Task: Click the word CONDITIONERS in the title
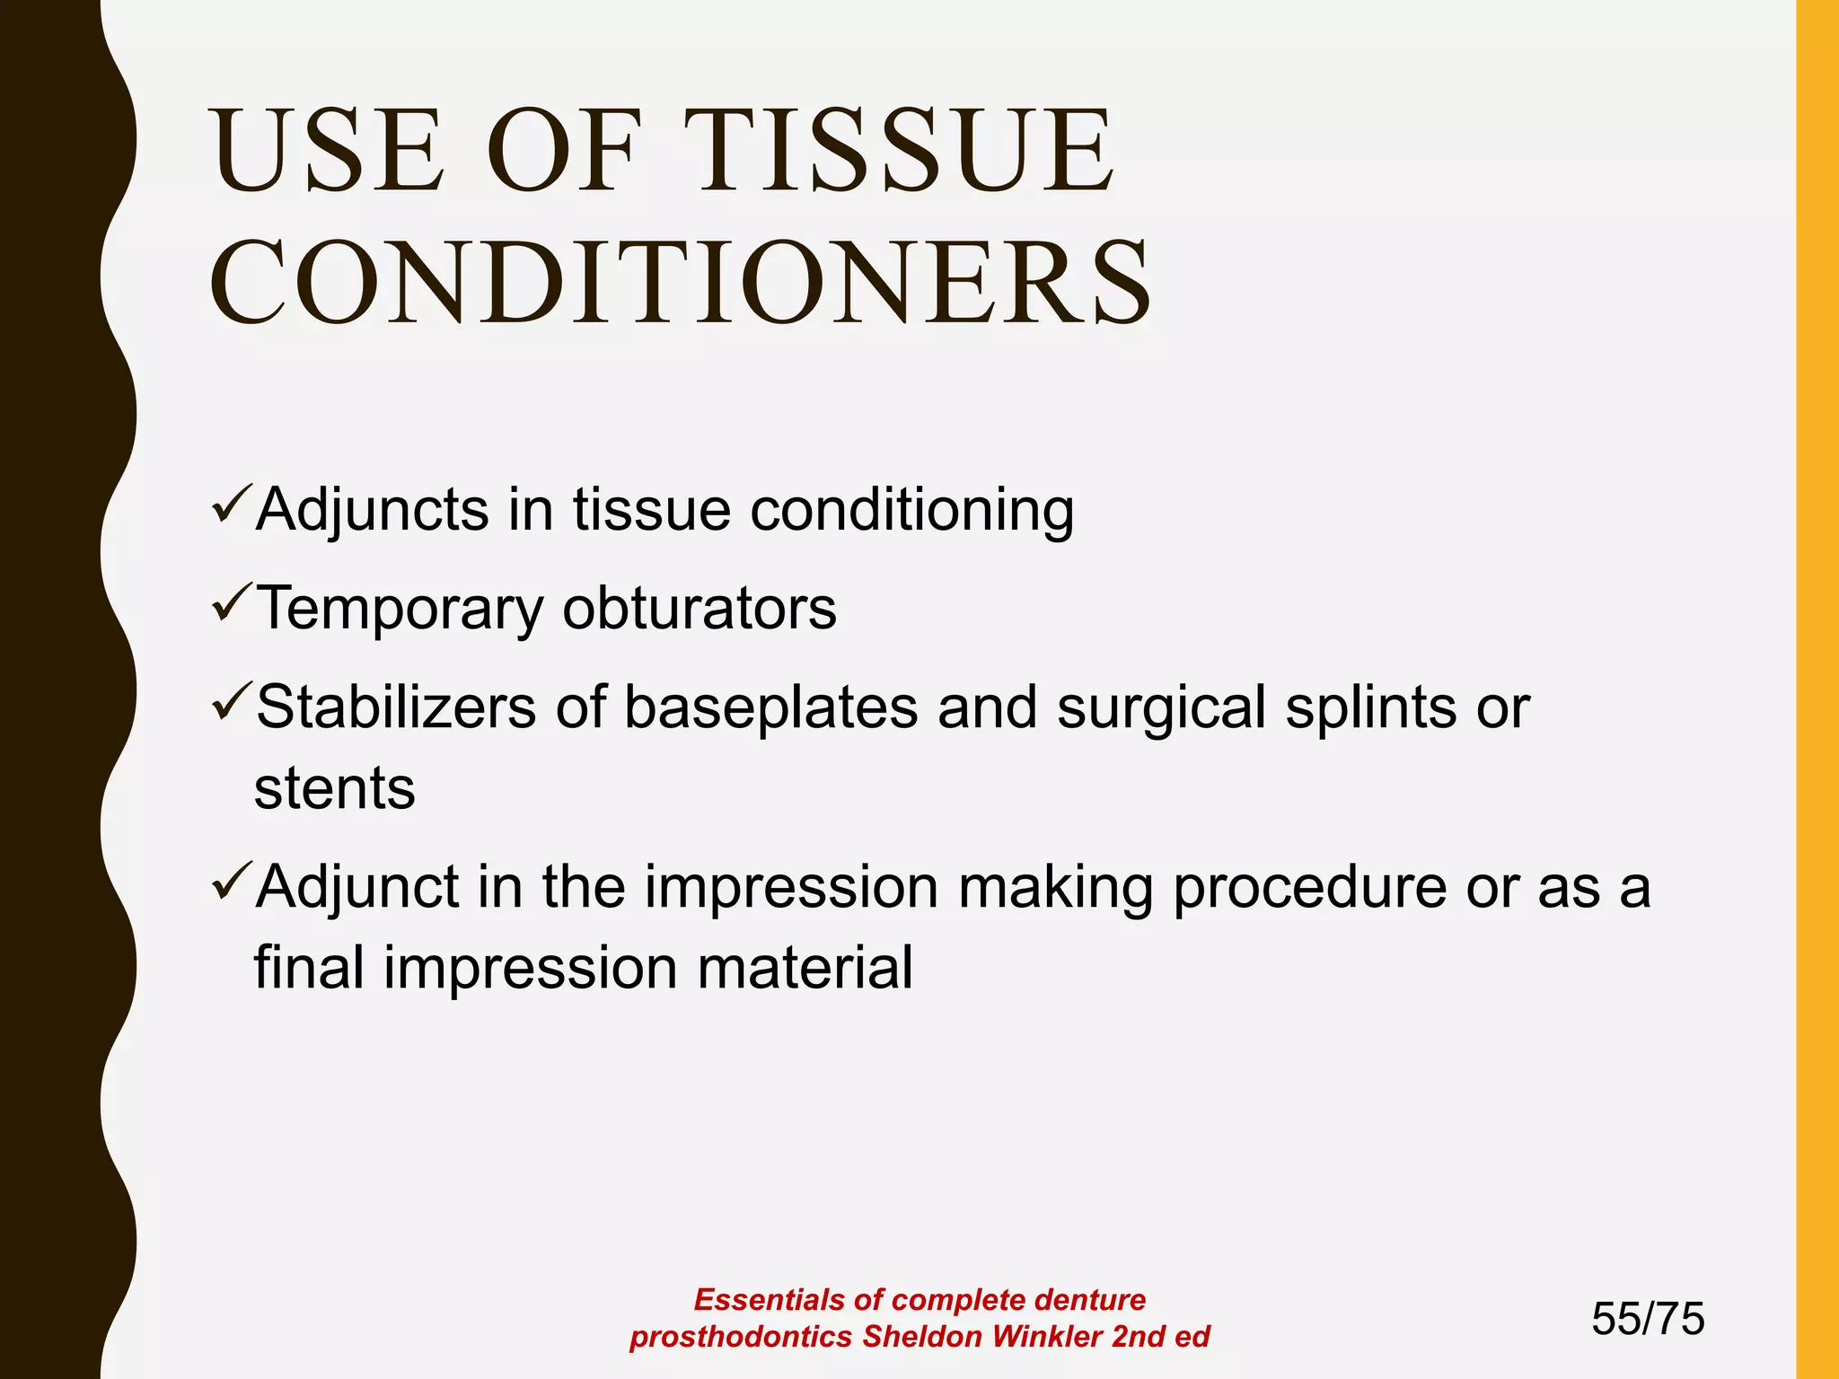point(680,283)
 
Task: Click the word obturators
point(700,609)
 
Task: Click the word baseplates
point(770,707)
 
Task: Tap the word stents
point(334,788)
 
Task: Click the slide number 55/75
point(1648,1319)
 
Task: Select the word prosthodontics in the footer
point(741,1337)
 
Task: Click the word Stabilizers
point(396,707)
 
